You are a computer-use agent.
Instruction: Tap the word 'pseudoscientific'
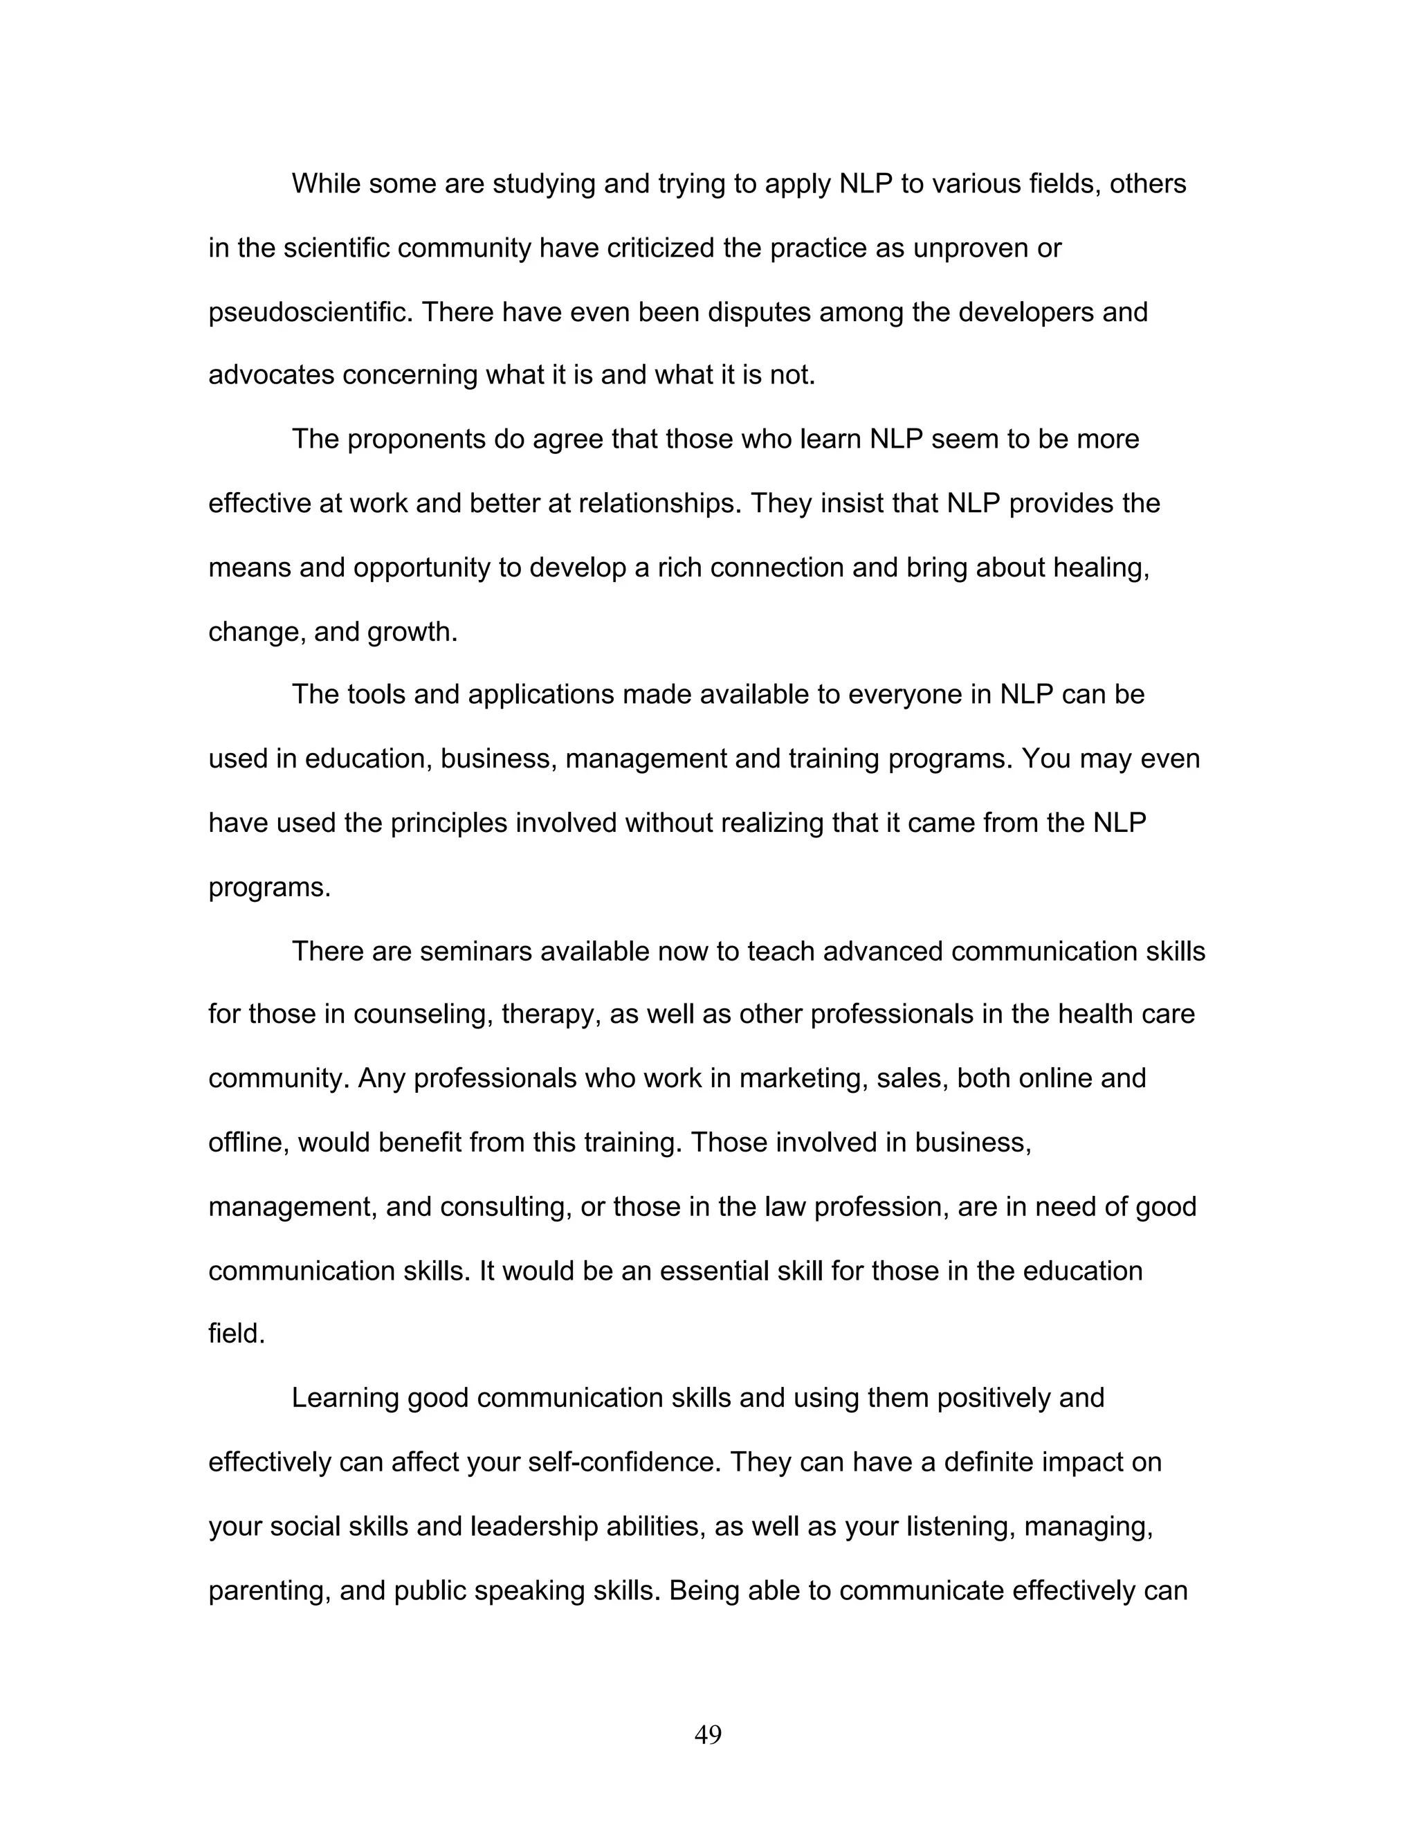tap(310, 312)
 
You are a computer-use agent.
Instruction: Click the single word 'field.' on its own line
tap(237, 1334)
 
